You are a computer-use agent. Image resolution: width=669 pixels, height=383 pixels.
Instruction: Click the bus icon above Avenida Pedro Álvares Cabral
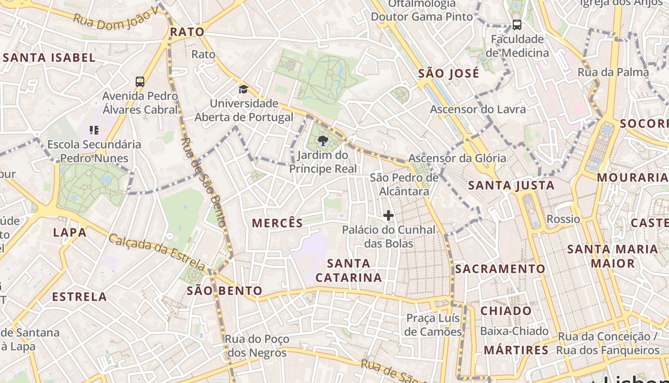[140, 82]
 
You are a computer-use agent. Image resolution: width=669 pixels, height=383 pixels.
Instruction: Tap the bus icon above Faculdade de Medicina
[517, 25]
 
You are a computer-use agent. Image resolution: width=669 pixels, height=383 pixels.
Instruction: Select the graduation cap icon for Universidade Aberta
[244, 90]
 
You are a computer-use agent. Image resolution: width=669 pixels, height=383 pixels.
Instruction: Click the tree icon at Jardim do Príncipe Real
[323, 141]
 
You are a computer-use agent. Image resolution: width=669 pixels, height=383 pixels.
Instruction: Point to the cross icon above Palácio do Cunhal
[388, 216]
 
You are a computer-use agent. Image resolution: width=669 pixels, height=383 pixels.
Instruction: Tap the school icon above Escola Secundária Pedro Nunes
[94, 130]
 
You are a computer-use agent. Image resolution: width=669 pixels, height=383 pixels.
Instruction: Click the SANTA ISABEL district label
[49, 58]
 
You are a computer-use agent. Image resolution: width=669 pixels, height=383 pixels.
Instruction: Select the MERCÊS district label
[277, 223]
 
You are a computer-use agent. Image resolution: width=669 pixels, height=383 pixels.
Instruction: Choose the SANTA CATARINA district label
[348, 270]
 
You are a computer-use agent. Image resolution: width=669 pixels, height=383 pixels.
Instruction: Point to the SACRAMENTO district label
[500, 269]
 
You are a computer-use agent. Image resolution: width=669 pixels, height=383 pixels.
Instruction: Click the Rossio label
[563, 219]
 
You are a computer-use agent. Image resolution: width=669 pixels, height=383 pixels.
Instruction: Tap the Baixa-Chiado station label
[514, 331]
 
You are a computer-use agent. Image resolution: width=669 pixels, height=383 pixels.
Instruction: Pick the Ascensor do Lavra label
[477, 109]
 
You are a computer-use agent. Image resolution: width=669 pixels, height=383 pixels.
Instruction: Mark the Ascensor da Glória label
[457, 158]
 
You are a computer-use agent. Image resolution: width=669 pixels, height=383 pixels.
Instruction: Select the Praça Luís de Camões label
[433, 325]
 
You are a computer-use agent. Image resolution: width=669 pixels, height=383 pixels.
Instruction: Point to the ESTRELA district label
[79, 297]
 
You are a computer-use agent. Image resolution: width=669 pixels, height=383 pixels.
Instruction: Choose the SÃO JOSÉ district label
[448, 74]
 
